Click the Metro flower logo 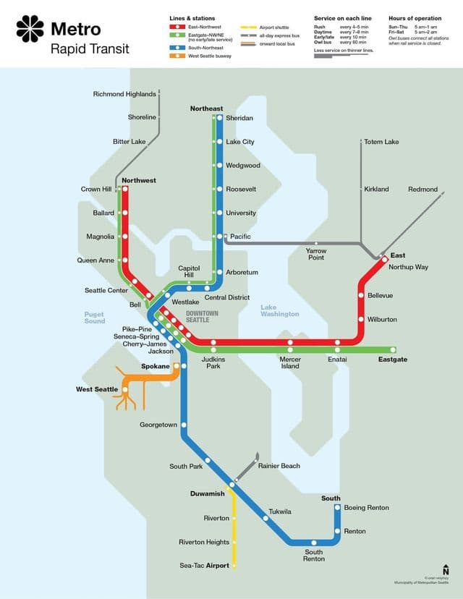point(30,29)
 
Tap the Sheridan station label point(239,118)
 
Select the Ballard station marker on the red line point(125,213)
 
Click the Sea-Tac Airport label point(205,565)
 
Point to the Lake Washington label point(279,311)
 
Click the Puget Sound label point(95,318)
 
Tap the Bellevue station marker point(360,295)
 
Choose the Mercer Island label point(290,362)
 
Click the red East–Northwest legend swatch point(174,27)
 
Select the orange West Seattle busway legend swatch point(174,56)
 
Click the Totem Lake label point(381,142)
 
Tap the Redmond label point(423,190)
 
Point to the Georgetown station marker point(184,425)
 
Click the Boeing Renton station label point(366,508)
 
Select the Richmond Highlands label point(124,94)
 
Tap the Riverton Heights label point(204,542)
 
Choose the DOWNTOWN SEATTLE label point(202,317)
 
